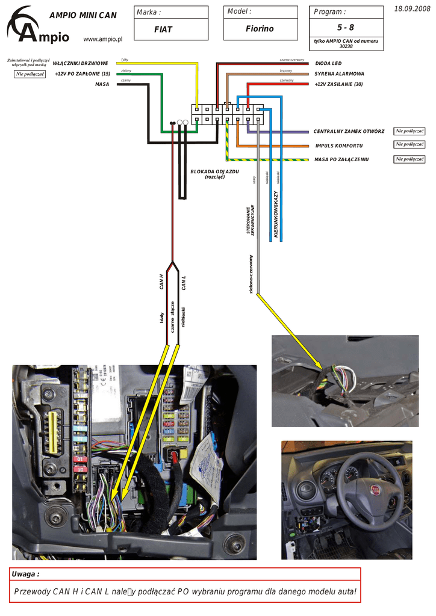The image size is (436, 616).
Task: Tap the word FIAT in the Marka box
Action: tap(163, 29)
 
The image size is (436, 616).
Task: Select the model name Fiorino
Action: tap(260, 29)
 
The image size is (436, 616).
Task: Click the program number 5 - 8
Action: tap(346, 28)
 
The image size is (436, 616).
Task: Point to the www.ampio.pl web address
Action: tap(102, 39)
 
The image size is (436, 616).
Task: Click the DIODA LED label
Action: tap(328, 63)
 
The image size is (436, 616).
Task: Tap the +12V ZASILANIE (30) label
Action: tap(338, 84)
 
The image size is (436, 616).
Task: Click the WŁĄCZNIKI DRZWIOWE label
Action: tap(80, 63)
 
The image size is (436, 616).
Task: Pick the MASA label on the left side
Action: tap(102, 84)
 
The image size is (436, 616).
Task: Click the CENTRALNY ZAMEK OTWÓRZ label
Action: tap(349, 131)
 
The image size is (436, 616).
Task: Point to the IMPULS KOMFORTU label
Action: tap(339, 146)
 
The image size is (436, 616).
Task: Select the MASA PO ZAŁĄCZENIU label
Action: tap(341, 159)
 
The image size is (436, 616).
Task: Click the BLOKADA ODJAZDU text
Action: tap(215, 171)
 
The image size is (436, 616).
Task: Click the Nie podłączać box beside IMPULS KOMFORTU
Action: tap(410, 144)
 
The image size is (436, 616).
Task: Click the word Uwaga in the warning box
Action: tap(25, 574)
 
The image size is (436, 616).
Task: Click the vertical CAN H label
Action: tap(161, 282)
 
